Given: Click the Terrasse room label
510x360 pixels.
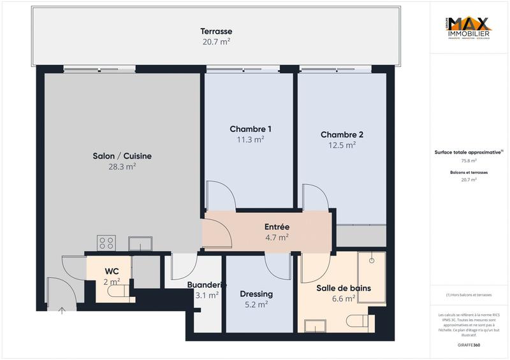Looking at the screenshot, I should pyautogui.click(x=216, y=31).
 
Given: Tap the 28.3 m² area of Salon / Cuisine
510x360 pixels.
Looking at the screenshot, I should pyautogui.click(x=122, y=166).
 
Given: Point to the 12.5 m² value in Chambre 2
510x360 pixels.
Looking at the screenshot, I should pyautogui.click(x=342, y=145).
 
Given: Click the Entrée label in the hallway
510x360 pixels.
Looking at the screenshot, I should pyautogui.click(x=277, y=227).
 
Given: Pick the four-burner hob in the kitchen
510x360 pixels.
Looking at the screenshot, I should pyautogui.click(x=106, y=243).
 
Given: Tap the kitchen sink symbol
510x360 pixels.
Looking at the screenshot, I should pyautogui.click(x=140, y=243).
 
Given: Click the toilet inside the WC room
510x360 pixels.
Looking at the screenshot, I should pyautogui.click(x=117, y=292).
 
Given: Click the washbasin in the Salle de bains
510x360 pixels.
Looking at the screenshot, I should pyautogui.click(x=316, y=325).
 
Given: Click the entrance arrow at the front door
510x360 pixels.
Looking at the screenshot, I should pyautogui.click(x=62, y=310).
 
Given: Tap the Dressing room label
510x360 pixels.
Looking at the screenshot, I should pyautogui.click(x=256, y=294).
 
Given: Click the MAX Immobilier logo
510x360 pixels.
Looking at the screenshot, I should pyautogui.click(x=469, y=29).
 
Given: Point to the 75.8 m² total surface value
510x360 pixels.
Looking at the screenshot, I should pyautogui.click(x=469, y=161).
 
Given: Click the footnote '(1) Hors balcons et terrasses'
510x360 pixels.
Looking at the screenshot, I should pyautogui.click(x=469, y=295).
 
